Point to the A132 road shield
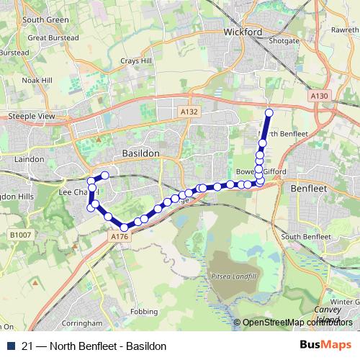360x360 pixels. pyautogui.click(x=189, y=112)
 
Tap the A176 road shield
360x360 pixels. pyautogui.click(x=120, y=235)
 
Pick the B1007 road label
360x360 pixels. pyautogui.click(x=21, y=235)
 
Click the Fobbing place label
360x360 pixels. pyautogui.click(x=144, y=312)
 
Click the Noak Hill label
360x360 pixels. pyautogui.click(x=35, y=81)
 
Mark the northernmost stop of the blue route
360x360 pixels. pyautogui.click(x=269, y=112)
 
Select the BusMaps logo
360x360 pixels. pyautogui.click(x=325, y=346)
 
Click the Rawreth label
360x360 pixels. pyautogui.click(x=343, y=30)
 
